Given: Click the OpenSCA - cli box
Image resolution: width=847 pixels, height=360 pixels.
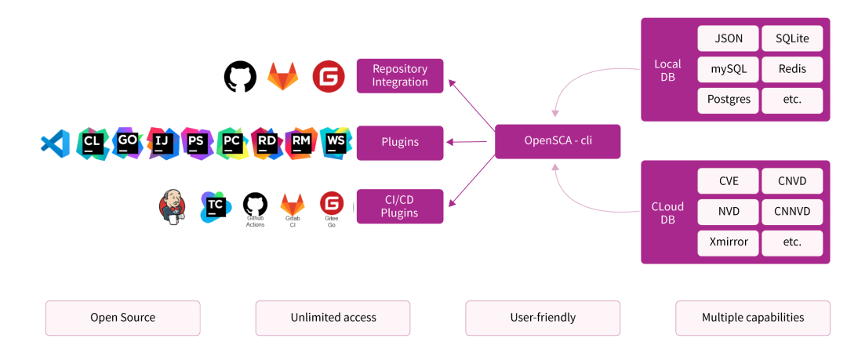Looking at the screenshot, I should pyautogui.click(x=557, y=141).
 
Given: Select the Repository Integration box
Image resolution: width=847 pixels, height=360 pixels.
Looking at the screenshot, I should pyautogui.click(x=400, y=76).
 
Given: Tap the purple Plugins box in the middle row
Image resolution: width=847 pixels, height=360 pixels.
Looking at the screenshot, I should pyautogui.click(x=400, y=143).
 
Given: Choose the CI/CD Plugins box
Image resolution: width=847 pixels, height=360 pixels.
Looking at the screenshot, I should pyautogui.click(x=400, y=206).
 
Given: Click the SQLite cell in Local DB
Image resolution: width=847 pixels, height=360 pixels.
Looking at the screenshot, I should pyautogui.click(x=792, y=38).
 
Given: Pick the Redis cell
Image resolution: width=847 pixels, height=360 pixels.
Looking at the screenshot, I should pyautogui.click(x=792, y=69).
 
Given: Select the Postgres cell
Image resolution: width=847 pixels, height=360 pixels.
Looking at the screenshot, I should pyautogui.click(x=728, y=100).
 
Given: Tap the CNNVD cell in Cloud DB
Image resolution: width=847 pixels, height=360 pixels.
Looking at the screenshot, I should pyautogui.click(x=792, y=211).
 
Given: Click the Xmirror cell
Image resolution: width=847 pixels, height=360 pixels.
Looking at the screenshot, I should pyautogui.click(x=728, y=242).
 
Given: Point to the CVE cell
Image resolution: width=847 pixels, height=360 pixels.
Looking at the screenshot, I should pyautogui.click(x=728, y=181).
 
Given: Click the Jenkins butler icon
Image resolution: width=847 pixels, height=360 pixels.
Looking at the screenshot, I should pyautogui.click(x=173, y=206).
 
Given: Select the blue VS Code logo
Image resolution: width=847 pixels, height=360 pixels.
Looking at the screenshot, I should pyautogui.click(x=55, y=143).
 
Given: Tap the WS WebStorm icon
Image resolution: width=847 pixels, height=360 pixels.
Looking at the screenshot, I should pyautogui.click(x=336, y=143).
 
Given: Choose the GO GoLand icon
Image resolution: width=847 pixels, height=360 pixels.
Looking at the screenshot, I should pyautogui.click(x=127, y=143).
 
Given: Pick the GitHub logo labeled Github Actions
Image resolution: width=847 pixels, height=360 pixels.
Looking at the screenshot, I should pyautogui.click(x=255, y=205).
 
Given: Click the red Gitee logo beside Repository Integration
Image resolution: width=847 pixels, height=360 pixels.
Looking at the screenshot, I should pyautogui.click(x=329, y=77).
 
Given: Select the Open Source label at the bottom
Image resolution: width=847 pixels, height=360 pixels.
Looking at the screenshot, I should pyautogui.click(x=123, y=318).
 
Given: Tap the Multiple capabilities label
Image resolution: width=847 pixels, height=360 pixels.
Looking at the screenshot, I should pyautogui.click(x=752, y=318).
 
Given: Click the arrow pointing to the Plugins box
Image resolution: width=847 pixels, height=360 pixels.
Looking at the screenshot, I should pyautogui.click(x=471, y=142).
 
